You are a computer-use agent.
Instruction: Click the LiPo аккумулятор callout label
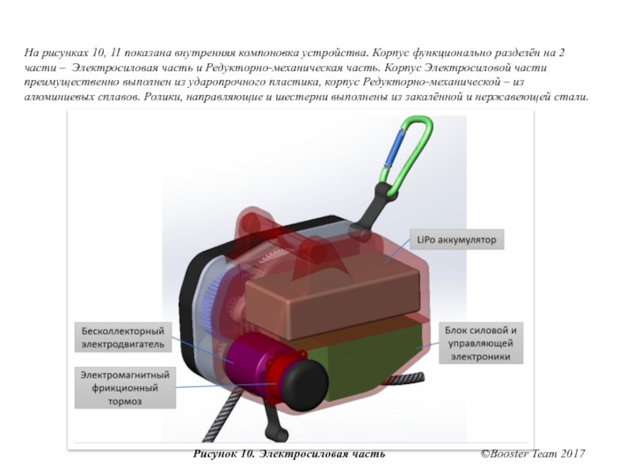[457, 239]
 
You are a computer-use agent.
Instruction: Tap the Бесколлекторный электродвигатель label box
[121, 336]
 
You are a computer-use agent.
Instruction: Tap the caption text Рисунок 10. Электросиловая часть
[289, 454]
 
